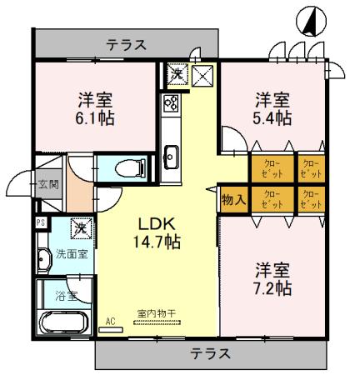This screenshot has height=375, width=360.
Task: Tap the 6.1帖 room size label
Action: click(x=96, y=117)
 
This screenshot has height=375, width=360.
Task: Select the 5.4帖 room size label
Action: click(x=272, y=117)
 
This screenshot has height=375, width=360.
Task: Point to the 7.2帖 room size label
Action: click(x=272, y=288)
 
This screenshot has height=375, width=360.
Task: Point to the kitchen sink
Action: click(x=171, y=155)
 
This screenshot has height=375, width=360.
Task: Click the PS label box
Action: click(x=40, y=222)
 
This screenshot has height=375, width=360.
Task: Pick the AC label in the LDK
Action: click(x=110, y=319)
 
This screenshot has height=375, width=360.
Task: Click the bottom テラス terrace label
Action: click(x=208, y=353)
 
